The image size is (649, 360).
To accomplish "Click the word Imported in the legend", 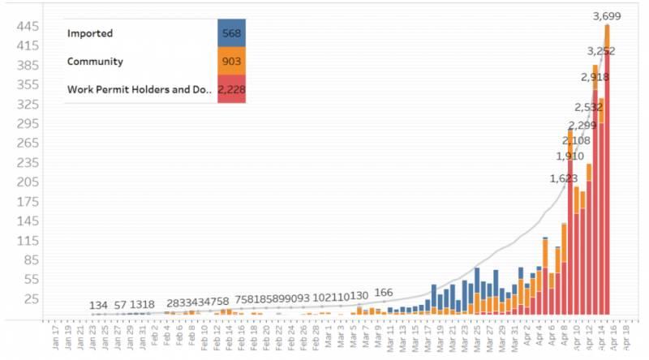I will pos(90,33).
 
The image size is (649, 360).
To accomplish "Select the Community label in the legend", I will pos(96,61).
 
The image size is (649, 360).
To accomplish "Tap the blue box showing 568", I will pos(231,33).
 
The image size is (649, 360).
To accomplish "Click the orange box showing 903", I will pos(231,61).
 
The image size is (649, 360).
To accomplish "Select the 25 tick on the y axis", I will pos(31,299).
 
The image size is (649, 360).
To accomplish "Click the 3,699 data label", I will pos(608,15).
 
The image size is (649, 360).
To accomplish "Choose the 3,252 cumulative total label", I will pos(601,51).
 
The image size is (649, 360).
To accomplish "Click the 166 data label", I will pos(384,293).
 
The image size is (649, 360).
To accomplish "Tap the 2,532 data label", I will pos(588,107).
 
